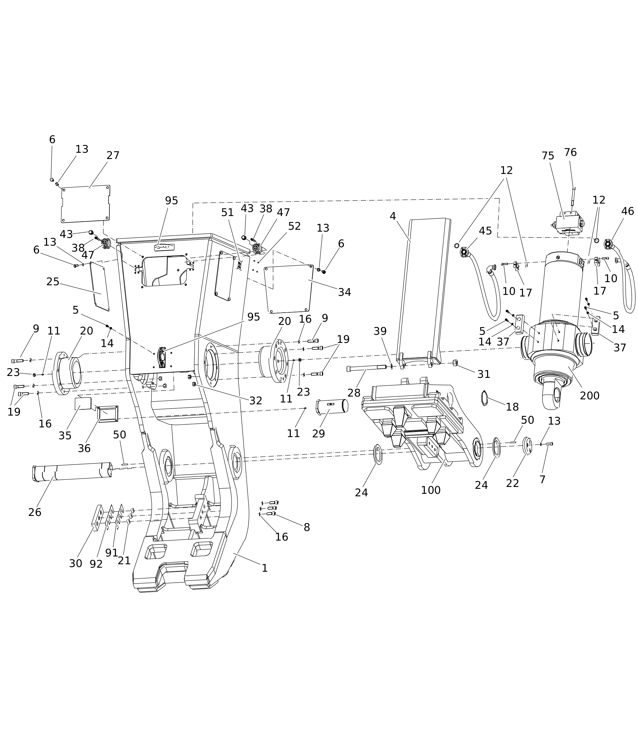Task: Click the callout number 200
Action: coord(590,396)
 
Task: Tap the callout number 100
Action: coord(430,490)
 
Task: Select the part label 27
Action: coord(113,155)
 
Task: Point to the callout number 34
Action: coord(344,292)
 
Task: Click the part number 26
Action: coord(35,512)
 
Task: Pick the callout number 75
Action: coord(548,156)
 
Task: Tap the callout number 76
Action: coord(570,152)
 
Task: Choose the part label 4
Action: coord(393,216)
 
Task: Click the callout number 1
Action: coord(265,568)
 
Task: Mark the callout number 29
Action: coord(319,433)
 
